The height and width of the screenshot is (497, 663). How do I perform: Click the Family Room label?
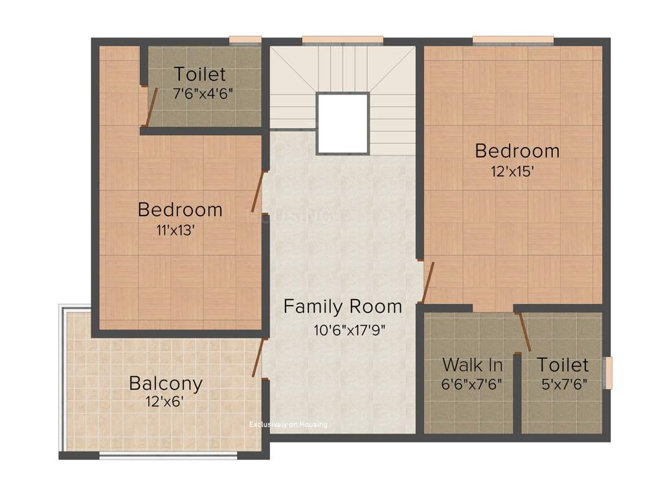coord(343,306)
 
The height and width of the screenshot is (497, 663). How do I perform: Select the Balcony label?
coord(166,382)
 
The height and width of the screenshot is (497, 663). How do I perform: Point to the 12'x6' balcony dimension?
coord(166,401)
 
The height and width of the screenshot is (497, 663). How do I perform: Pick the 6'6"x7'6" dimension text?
coord(471,383)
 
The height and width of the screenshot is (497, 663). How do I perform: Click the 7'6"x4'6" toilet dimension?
coord(203,93)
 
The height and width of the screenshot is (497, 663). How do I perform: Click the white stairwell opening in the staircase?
coord(343,122)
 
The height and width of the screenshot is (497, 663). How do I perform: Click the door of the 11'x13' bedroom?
coord(258,192)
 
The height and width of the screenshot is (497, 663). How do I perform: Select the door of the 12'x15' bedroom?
coord(427,282)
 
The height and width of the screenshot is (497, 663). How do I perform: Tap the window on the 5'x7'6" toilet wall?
coord(607,373)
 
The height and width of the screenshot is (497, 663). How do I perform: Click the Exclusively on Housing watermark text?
coord(289,425)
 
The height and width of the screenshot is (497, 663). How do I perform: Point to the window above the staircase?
coord(343,41)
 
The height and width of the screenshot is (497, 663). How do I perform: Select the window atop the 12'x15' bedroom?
coord(513,41)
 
